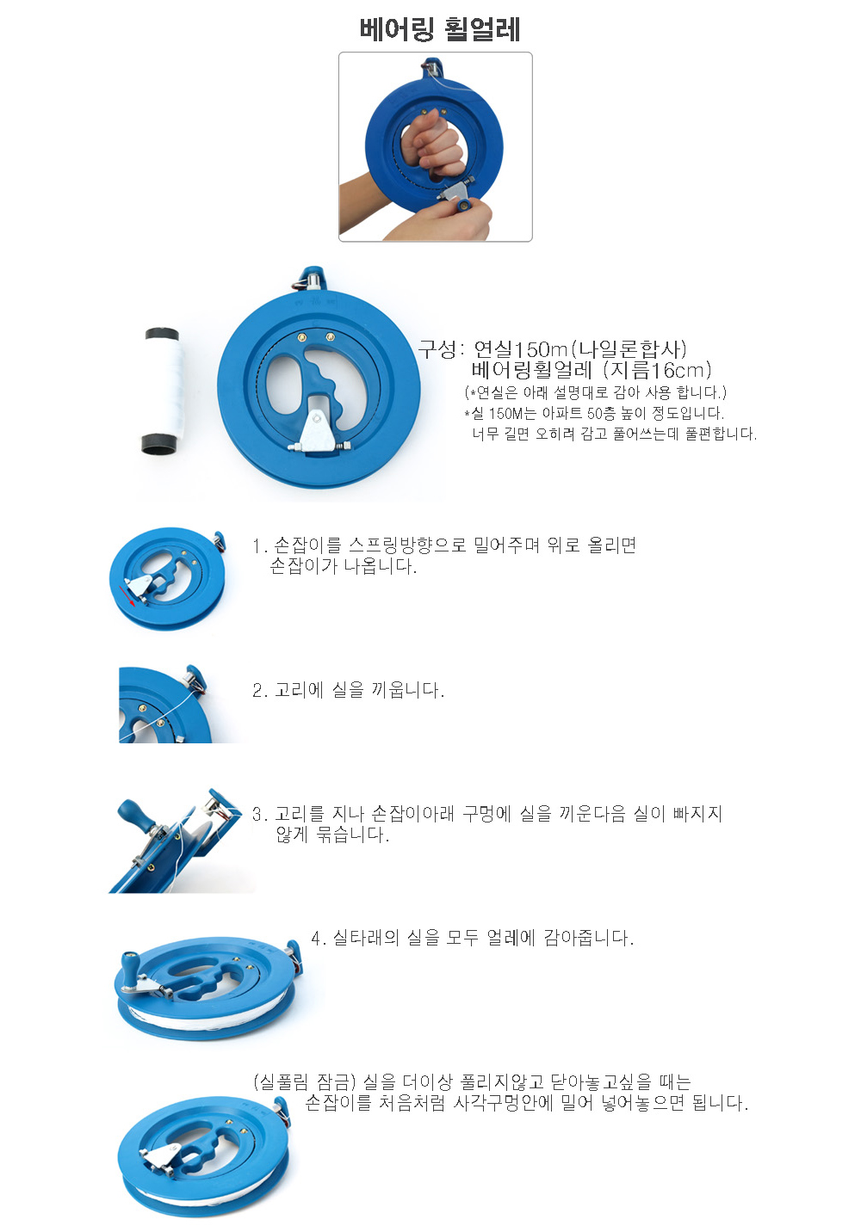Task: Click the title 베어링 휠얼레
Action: pyautogui.click(x=440, y=30)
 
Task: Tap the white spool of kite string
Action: pyautogui.click(x=162, y=391)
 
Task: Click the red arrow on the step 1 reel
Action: pyautogui.click(x=127, y=595)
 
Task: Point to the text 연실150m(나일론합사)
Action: pyautogui.click(x=579, y=348)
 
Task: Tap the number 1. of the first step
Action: pyautogui.click(x=260, y=545)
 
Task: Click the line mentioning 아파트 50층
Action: pyautogui.click(x=593, y=413)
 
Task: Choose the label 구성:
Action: pyautogui.click(x=442, y=348)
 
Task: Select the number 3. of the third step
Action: pyautogui.click(x=260, y=814)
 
